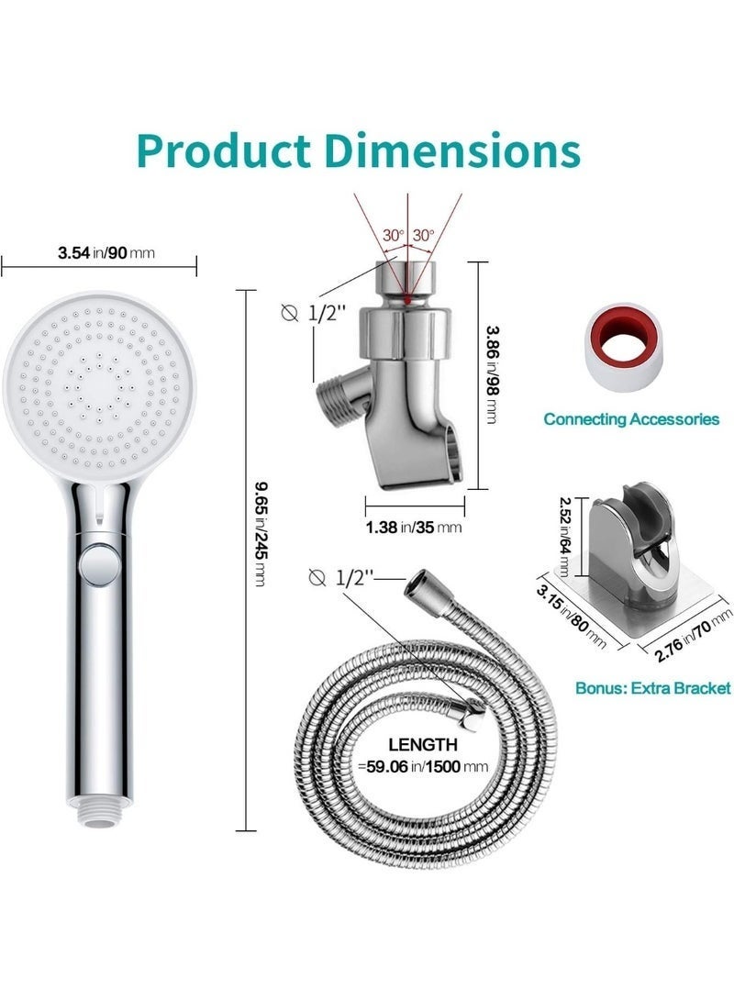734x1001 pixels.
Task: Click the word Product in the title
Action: [225, 150]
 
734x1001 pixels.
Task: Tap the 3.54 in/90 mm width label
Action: [106, 253]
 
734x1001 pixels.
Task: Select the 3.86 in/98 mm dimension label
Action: [492, 374]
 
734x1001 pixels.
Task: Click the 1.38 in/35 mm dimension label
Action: [414, 528]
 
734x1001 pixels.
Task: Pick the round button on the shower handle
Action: [98, 563]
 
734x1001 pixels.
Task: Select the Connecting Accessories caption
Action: [631, 419]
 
